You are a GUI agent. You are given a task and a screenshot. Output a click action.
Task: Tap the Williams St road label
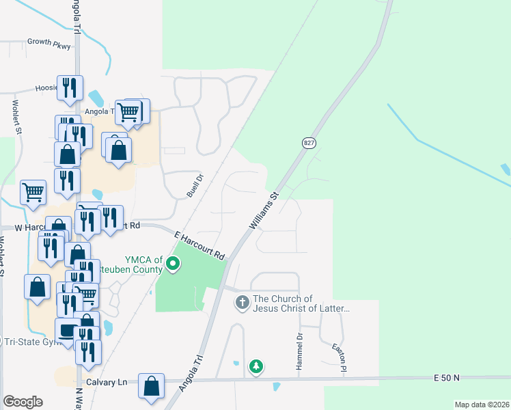coord(264,210)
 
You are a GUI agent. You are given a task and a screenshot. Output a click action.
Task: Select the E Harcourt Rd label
coord(199,245)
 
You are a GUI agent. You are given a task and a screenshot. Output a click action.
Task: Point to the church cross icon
coord(242,302)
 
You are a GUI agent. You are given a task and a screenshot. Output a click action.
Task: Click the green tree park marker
coord(256,367)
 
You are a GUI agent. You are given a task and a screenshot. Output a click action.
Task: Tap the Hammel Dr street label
coord(299,353)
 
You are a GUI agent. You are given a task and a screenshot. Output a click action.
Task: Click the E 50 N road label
coord(447,378)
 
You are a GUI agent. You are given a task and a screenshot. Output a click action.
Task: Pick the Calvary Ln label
coord(107,383)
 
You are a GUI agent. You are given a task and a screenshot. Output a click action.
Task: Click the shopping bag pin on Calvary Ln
coord(151,385)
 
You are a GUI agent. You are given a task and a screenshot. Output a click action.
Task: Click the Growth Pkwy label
coord(49,42)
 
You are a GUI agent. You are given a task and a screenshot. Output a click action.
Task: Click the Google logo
coord(23,402)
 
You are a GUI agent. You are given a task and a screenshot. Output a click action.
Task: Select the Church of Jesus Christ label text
coord(301,303)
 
